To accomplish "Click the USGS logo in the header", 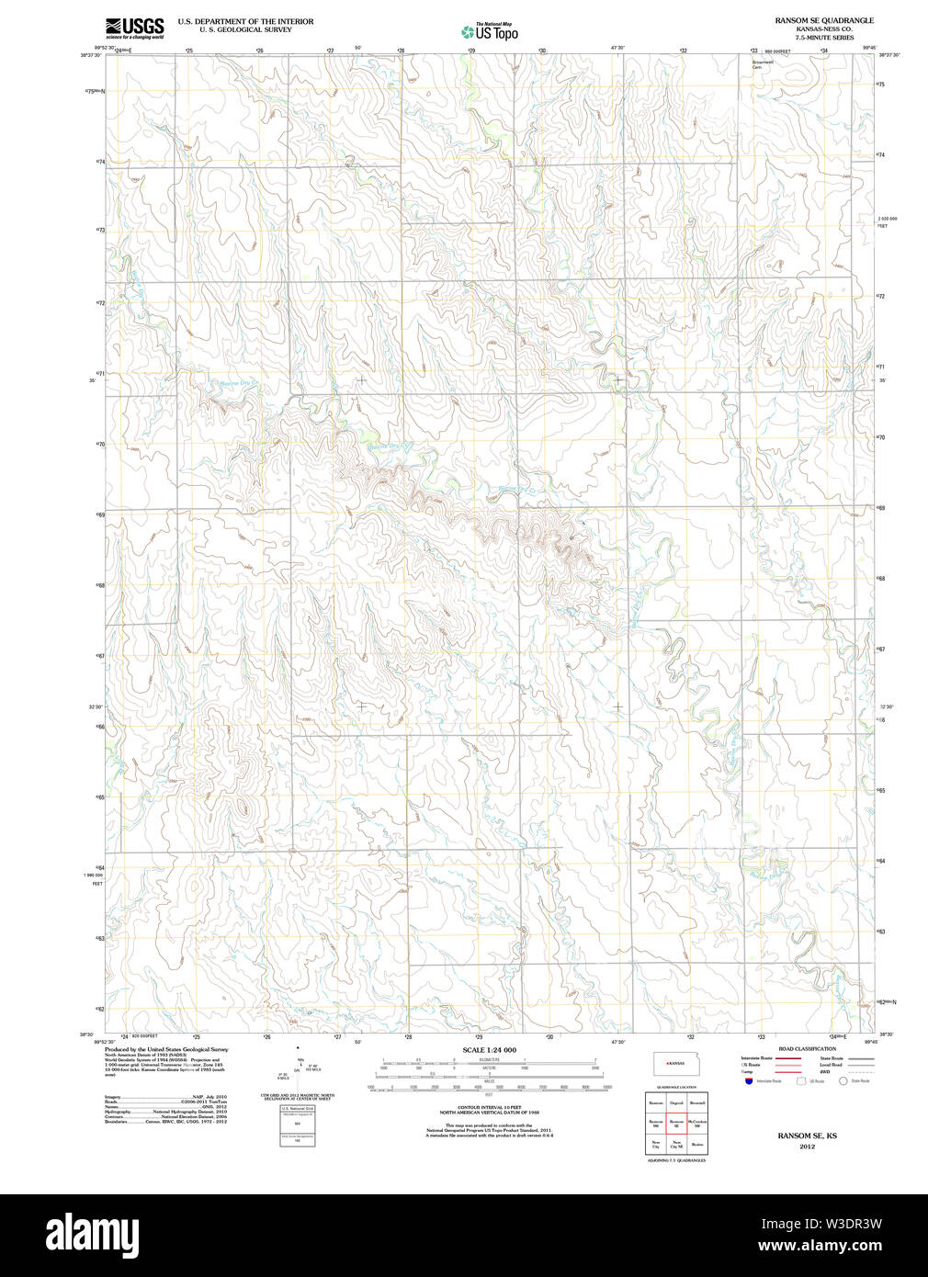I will pyautogui.click(x=134, y=28).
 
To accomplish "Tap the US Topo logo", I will pyautogui.click(x=490, y=32).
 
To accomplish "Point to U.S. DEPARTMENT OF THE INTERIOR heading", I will pyautogui.click(x=245, y=21).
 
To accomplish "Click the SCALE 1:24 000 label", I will pyautogui.click(x=489, y=1050).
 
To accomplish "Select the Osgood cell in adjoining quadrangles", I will pyautogui.click(x=677, y=1102).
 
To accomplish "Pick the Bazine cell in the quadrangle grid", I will pyautogui.click(x=697, y=1144).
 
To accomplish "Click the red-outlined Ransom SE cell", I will pyautogui.click(x=677, y=1123).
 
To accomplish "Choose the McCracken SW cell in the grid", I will pyautogui.click(x=697, y=1123).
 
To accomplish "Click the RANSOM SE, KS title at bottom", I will pyautogui.click(x=807, y=1136).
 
